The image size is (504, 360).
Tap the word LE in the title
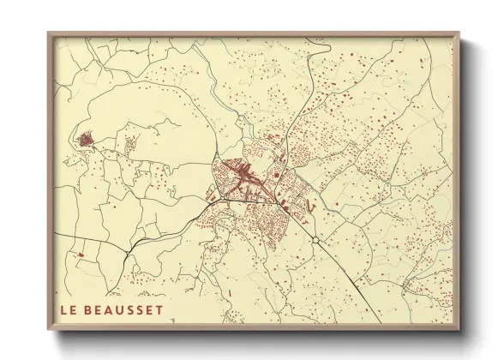coord(69,308)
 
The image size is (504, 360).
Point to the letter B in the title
coord(89,308)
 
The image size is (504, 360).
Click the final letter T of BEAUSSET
coord(159,308)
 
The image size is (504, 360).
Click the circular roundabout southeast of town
coord(316,242)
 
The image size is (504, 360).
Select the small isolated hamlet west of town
coord(87,138)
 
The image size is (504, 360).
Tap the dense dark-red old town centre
coord(244,177)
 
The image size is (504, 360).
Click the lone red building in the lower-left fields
coord(79,255)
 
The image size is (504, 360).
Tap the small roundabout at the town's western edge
coord(213,195)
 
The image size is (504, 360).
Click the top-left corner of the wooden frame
coord(49,33)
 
